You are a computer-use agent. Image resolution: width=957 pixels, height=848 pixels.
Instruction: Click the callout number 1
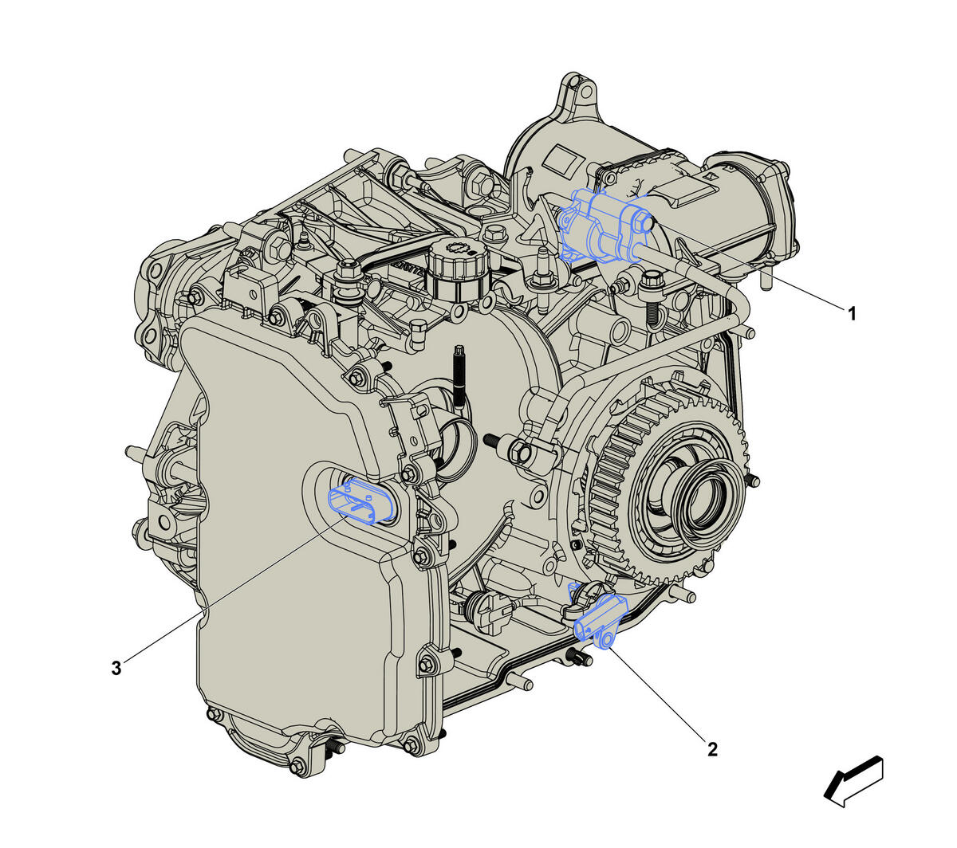pyautogui.click(x=852, y=313)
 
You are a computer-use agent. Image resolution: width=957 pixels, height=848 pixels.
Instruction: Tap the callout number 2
pyautogui.click(x=712, y=749)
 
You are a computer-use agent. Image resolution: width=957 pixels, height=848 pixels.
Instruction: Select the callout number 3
pyautogui.click(x=116, y=669)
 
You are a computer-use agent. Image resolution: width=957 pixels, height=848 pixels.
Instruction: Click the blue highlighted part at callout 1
pyautogui.click(x=605, y=226)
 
